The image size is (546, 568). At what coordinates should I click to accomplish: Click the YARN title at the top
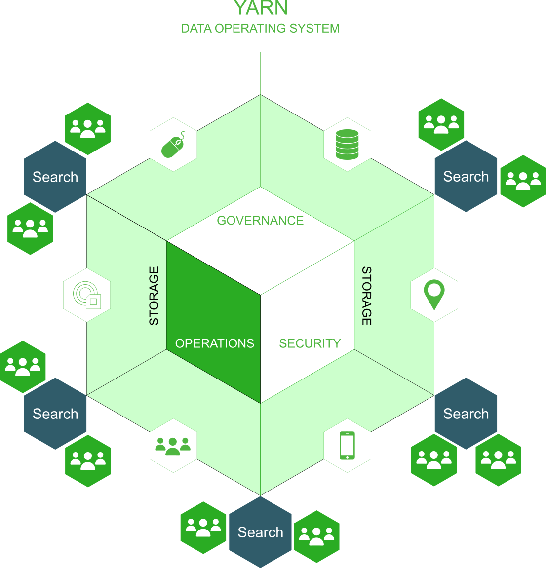[261, 7]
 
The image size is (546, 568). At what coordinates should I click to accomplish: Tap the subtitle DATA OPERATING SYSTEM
[260, 28]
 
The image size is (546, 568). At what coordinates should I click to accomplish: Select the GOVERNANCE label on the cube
[260, 220]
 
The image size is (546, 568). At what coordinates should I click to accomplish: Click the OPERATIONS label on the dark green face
[214, 343]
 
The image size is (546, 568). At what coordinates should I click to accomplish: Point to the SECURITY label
[310, 343]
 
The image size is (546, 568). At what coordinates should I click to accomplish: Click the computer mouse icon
[173, 145]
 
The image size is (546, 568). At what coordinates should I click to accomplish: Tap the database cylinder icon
[347, 145]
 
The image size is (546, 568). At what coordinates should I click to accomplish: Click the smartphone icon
[347, 446]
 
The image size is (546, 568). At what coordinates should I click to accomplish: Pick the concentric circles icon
[87, 295]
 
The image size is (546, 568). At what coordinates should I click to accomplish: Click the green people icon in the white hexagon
[173, 446]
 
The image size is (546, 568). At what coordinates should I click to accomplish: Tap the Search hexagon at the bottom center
[260, 532]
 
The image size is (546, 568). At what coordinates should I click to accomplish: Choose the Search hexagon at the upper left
[55, 177]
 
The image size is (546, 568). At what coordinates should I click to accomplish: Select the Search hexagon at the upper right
[466, 176]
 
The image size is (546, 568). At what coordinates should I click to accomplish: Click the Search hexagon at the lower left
[55, 414]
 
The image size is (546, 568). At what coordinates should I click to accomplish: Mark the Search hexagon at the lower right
[466, 414]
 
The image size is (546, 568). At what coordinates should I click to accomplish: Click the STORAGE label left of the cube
[154, 296]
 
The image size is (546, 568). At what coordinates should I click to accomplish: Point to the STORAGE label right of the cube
[367, 296]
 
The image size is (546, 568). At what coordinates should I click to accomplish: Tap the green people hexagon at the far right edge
[523, 181]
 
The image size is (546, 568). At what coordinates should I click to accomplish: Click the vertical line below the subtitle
[260, 74]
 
